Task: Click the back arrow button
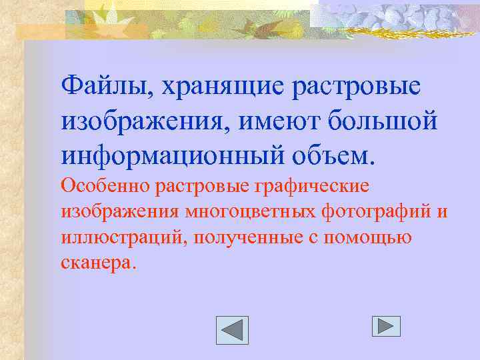click(x=233, y=330)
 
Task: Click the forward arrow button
click(x=386, y=326)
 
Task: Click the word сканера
click(x=98, y=262)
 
